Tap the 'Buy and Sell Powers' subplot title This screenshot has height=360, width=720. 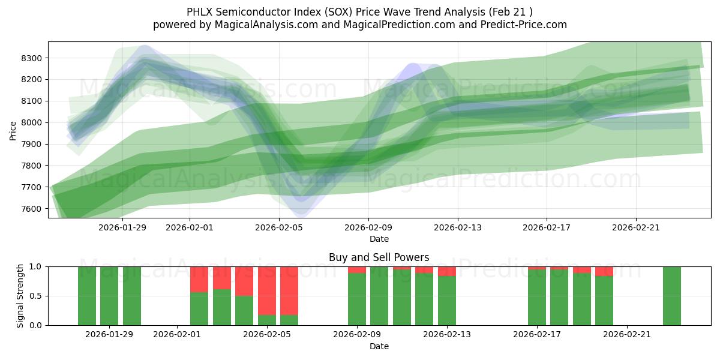(x=379, y=257)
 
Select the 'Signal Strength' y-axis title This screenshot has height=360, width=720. (x=20, y=295)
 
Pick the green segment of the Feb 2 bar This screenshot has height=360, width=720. (x=199, y=308)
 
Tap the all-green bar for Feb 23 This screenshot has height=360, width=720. (x=672, y=296)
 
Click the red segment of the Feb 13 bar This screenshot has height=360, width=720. (x=447, y=271)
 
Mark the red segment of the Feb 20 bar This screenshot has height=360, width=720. (x=604, y=271)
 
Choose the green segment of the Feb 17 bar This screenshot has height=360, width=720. (x=537, y=298)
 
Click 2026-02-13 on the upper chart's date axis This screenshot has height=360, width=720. (x=457, y=227)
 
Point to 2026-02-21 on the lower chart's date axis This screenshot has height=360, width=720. (x=627, y=334)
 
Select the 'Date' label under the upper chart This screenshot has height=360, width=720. (x=379, y=239)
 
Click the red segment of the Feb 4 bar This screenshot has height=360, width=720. (x=244, y=281)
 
